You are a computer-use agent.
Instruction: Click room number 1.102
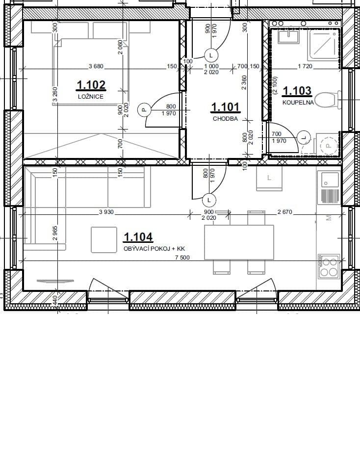(91, 86)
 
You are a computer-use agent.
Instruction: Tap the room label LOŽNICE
(91, 97)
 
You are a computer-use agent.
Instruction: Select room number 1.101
(225, 107)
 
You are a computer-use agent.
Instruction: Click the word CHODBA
(225, 118)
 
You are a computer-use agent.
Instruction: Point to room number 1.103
(298, 91)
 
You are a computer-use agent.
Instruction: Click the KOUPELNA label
(298, 103)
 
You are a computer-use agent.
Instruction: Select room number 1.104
(138, 237)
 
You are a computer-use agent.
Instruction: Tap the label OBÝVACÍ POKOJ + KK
(154, 249)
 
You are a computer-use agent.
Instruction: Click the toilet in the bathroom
(326, 101)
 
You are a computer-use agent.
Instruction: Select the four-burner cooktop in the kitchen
(328, 267)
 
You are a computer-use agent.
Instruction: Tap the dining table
(239, 242)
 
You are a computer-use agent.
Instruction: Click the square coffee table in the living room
(103, 240)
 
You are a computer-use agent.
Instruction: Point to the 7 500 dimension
(182, 258)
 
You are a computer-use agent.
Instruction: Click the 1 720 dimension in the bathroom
(305, 66)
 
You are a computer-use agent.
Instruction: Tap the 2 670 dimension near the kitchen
(284, 212)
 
